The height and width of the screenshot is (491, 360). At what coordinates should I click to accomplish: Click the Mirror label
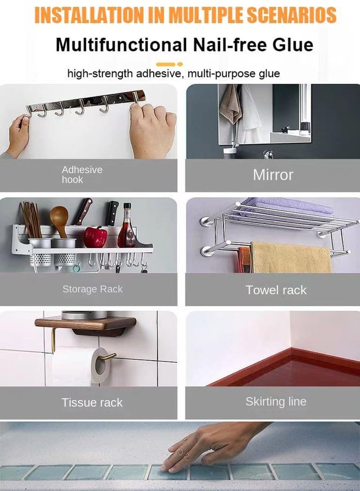[x=273, y=175]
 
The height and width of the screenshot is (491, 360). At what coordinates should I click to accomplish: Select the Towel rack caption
[x=276, y=290]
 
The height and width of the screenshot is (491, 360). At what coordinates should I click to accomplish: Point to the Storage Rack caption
[x=92, y=289]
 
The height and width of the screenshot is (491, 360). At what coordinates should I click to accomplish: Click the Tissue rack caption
[x=92, y=402]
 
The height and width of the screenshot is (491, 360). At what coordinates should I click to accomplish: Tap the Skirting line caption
[x=276, y=401]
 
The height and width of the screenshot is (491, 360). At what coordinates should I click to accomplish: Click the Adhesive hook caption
[x=81, y=175]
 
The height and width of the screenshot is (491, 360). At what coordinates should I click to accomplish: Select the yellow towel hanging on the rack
[x=290, y=257]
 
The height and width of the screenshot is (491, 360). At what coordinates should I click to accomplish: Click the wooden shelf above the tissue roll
[x=85, y=323]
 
